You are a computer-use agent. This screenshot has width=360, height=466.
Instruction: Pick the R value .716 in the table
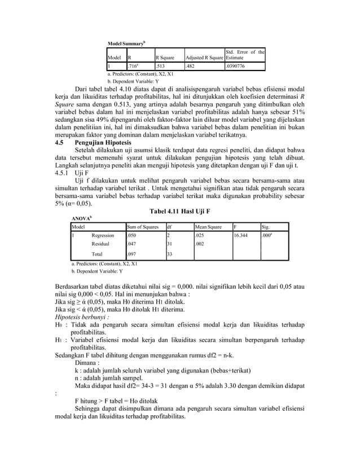click(134, 65)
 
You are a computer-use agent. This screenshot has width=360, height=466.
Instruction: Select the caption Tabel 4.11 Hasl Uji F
click(179, 211)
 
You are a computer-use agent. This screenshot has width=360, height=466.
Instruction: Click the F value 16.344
click(242, 235)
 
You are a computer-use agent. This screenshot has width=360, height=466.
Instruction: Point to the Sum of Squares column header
click(143, 226)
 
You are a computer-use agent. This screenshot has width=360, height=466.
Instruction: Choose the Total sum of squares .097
click(133, 254)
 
